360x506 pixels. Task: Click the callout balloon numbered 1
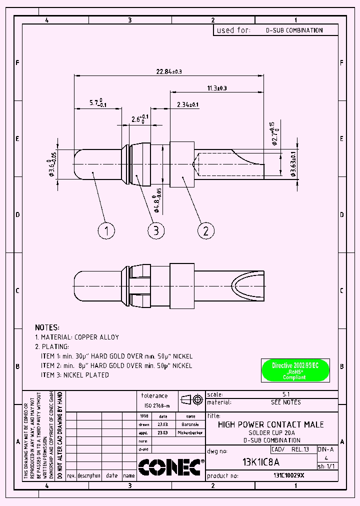(106, 230)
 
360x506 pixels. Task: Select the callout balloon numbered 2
(206, 230)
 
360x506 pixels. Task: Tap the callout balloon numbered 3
(156, 230)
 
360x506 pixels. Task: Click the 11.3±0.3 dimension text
(216, 88)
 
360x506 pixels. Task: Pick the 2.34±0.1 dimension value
(187, 104)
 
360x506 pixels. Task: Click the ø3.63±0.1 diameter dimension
(293, 162)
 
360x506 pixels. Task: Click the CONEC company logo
(169, 467)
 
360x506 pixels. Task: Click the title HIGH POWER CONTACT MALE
(271, 424)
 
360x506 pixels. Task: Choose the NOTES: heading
(47, 327)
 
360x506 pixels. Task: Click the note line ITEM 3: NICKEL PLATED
(74, 375)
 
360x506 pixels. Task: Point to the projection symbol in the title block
(192, 399)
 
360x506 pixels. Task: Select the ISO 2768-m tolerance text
(157, 405)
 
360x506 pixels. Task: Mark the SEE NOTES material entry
(285, 402)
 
